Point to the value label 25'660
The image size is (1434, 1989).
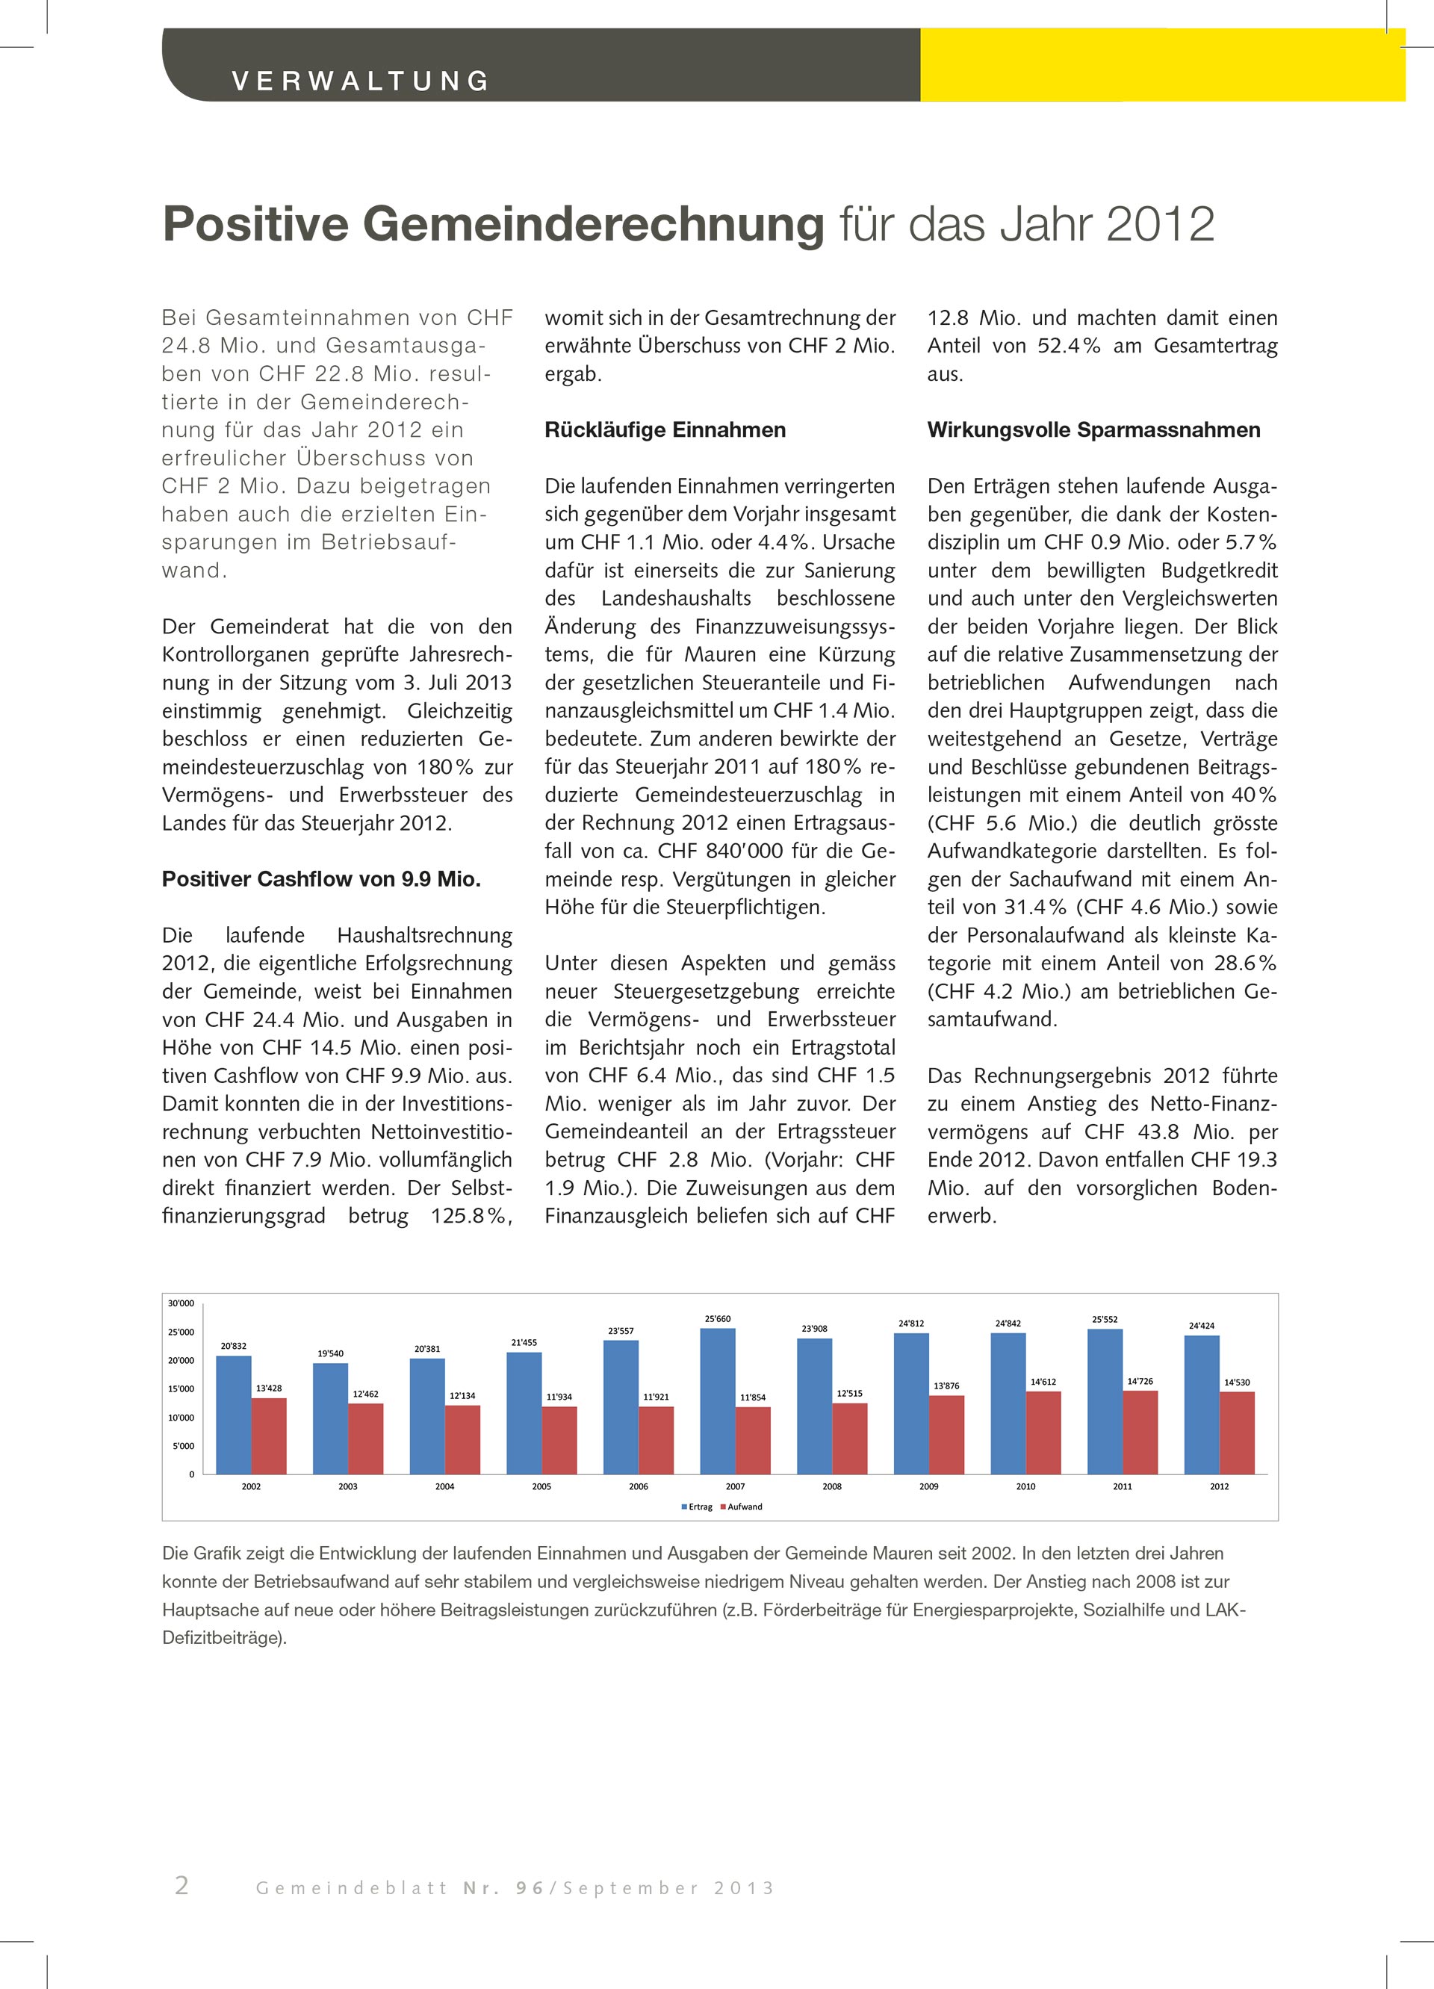tap(718, 1319)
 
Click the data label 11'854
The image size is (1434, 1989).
tap(753, 1398)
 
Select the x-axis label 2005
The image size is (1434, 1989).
tap(541, 1486)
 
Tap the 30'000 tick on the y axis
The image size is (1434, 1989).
tap(181, 1304)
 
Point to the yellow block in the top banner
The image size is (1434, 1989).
tap(1162, 65)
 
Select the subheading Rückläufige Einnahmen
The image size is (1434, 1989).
tap(665, 429)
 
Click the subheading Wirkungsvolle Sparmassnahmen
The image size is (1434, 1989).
tap(1093, 429)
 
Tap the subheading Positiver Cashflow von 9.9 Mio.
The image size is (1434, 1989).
tap(321, 879)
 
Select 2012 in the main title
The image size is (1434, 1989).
tap(1161, 225)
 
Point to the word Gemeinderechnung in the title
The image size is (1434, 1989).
tap(593, 225)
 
